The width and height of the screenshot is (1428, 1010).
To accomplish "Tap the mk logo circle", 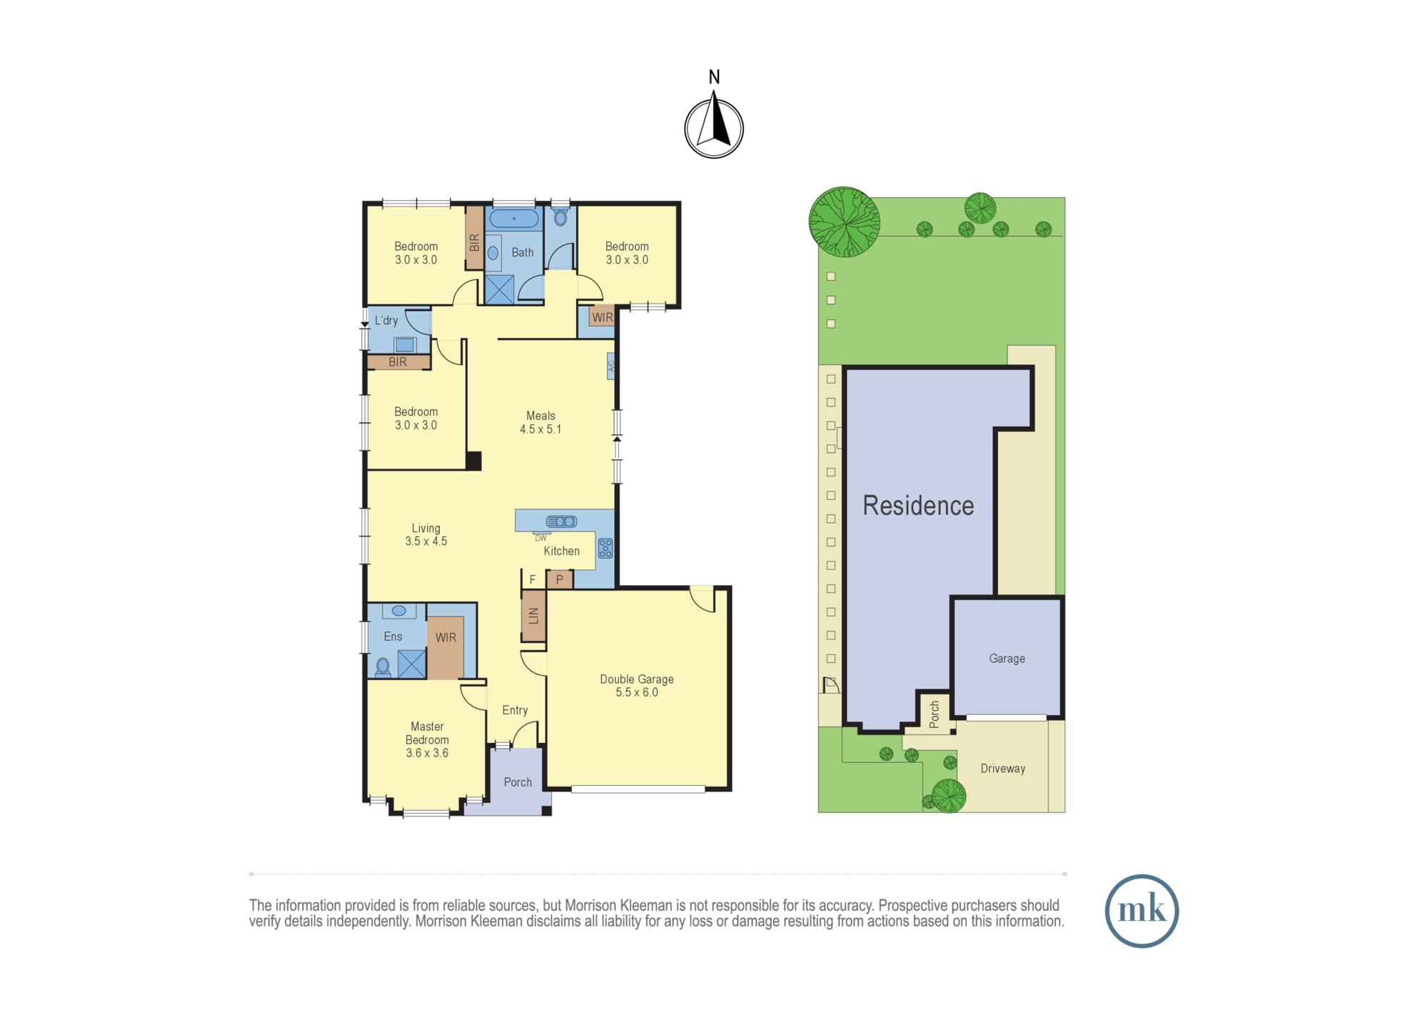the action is coord(1142,911).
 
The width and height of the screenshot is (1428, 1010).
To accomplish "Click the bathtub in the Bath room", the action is coord(514,218).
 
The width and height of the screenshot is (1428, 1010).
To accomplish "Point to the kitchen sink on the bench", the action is coord(561,521).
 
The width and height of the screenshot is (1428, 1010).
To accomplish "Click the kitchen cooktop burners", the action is coord(605,548).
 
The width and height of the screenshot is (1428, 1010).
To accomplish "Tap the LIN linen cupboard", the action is coord(533,615).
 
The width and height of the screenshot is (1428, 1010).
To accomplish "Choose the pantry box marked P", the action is coord(560,579).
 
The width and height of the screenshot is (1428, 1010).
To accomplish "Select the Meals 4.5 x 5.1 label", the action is coord(540,422).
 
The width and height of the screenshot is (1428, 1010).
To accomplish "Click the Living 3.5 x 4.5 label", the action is coord(426,535).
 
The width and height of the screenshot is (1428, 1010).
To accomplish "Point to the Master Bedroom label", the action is coord(427,739).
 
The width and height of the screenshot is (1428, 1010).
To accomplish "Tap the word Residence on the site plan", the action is coord(918,505).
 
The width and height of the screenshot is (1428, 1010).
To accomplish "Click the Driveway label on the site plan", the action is coord(1002,769).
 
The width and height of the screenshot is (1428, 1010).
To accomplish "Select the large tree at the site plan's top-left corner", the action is coord(844,222).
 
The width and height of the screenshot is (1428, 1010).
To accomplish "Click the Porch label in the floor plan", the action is coord(518,782).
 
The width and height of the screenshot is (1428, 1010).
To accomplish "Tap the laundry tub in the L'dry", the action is coord(405,345).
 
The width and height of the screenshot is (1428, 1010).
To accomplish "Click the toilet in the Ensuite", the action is coord(383,667).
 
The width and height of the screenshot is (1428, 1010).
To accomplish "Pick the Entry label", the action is coord(515,710).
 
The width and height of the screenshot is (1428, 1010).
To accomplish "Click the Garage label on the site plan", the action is coord(1007,659).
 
